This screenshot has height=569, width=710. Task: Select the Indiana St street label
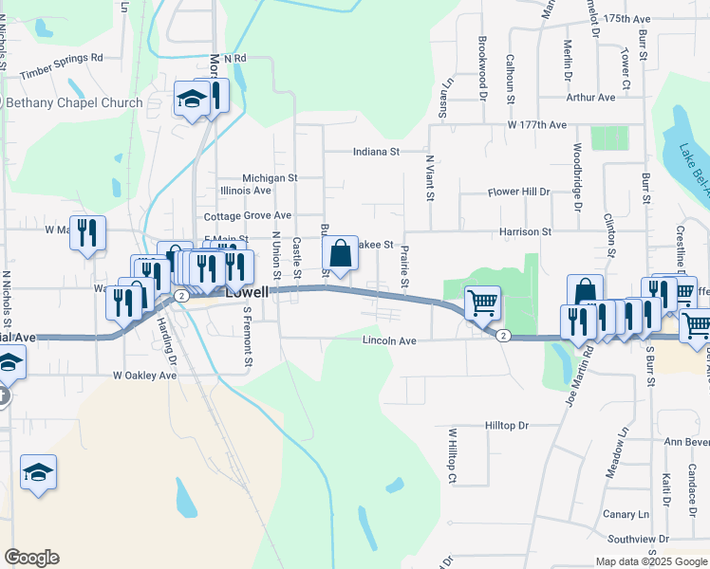[376, 151]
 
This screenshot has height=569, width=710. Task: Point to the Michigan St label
[270, 177]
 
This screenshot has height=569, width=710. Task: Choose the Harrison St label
[526, 231]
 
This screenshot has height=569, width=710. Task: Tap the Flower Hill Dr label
[518, 192]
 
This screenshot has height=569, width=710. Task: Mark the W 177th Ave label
[536, 125]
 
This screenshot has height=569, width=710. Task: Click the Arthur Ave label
[590, 98]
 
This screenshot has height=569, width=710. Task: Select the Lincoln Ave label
[389, 340]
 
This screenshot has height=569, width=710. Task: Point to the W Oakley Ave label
[144, 376]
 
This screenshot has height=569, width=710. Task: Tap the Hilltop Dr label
[505, 427]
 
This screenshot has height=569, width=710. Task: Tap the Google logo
[31, 558]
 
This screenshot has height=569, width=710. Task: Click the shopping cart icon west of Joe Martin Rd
[483, 303]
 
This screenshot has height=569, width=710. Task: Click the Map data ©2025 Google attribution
[649, 561]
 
